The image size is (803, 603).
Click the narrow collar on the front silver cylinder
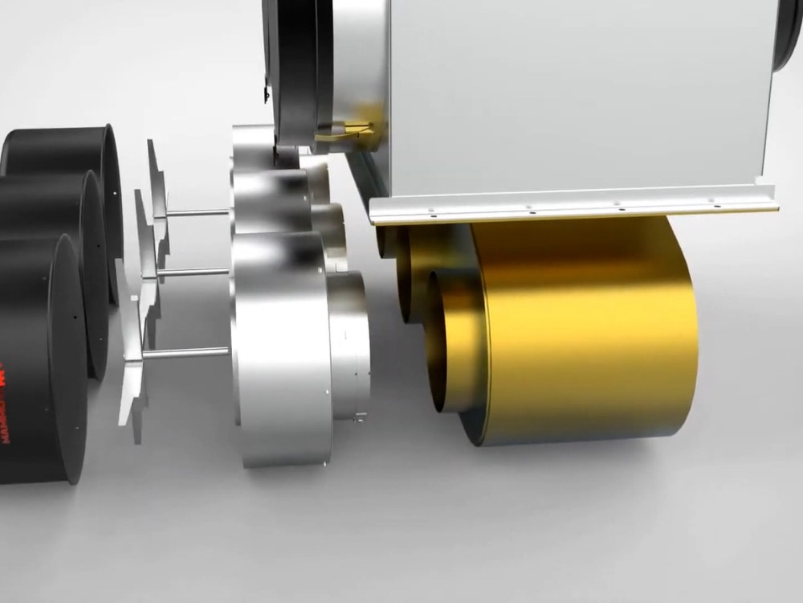[x=349, y=346]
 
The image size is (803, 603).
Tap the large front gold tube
[x=586, y=330]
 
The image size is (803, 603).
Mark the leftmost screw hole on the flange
[x=430, y=215]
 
